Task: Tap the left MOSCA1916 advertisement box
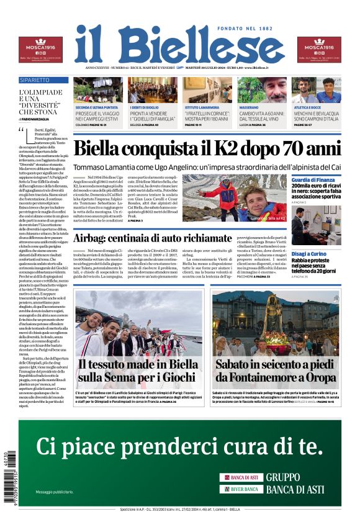coord(40,49)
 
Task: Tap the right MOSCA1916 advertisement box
coord(319,49)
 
